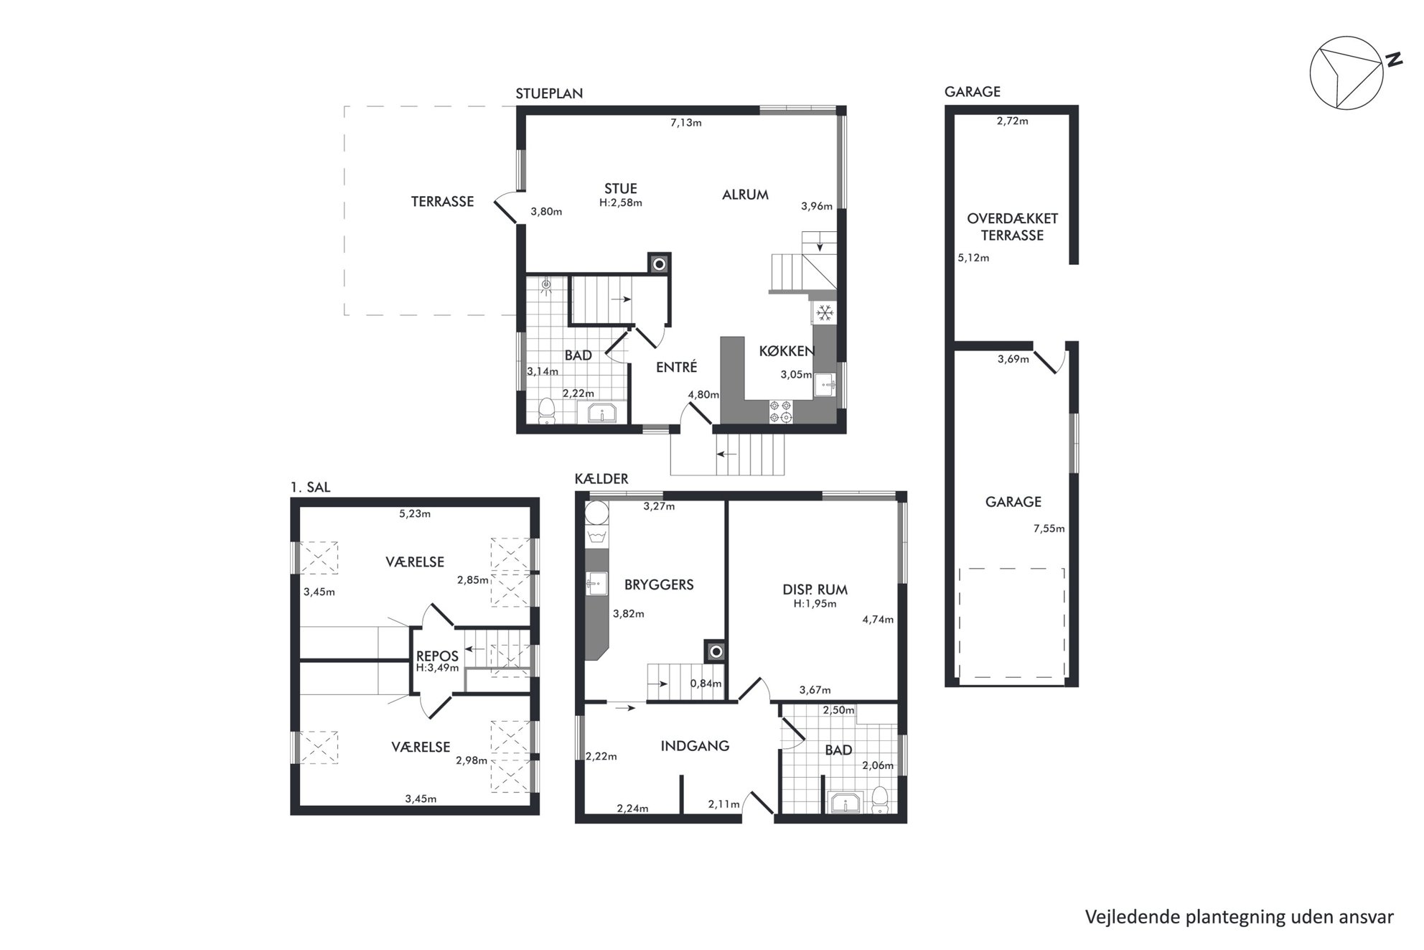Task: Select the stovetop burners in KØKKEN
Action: point(781,411)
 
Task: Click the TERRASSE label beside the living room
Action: point(442,202)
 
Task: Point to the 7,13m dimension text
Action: point(685,122)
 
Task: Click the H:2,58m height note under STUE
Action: point(620,202)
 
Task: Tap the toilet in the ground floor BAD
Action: point(548,410)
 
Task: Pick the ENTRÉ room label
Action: point(676,367)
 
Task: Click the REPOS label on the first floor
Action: point(437,656)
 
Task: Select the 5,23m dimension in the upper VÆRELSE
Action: point(415,513)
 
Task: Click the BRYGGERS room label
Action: point(659,585)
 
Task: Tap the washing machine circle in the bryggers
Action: point(596,514)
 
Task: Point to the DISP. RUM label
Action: point(815,590)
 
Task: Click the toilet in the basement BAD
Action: point(879,799)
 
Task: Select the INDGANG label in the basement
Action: point(695,746)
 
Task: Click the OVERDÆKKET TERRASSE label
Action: point(1012,227)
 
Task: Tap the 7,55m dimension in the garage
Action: point(1049,528)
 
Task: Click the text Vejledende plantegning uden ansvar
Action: point(1240,917)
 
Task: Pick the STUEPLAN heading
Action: point(549,93)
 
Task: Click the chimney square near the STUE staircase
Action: point(659,264)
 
